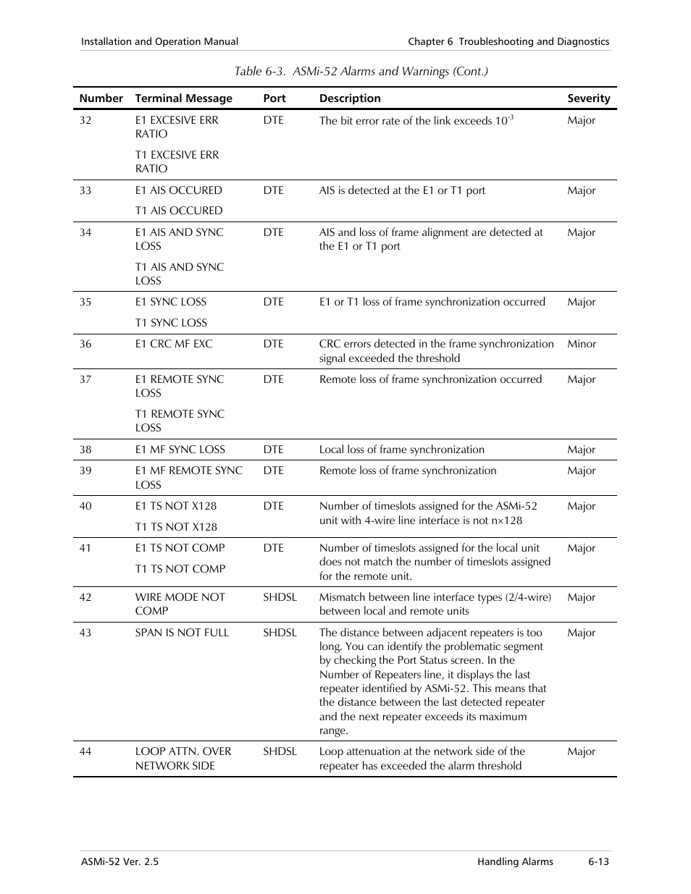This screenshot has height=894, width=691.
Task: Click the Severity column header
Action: coord(588,98)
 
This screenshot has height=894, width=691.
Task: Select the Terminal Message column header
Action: coord(183,98)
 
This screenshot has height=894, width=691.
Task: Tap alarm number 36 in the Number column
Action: coord(85,344)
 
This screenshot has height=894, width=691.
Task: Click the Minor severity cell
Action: coord(582,344)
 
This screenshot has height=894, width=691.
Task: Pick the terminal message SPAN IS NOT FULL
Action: coord(182,633)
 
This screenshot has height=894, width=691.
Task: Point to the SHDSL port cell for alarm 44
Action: coord(280,751)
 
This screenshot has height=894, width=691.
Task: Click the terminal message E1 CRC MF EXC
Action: coord(174,344)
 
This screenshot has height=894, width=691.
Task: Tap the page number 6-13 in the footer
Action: coord(598,861)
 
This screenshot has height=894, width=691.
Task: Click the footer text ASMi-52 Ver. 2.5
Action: coord(120,861)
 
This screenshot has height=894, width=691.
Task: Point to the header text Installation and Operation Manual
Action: coord(159,42)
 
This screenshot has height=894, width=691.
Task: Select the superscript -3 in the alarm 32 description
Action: coord(511,117)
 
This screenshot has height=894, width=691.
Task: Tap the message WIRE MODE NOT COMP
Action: coord(180,604)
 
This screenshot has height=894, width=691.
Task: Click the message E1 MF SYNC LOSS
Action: coord(180,450)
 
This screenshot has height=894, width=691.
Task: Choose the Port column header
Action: coord(275,98)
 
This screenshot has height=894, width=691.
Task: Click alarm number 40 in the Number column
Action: coord(85,506)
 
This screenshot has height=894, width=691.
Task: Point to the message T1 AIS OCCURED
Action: coord(178,211)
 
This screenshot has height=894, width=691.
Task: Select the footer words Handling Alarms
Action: coord(515,861)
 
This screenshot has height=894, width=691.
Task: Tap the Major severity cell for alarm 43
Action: coord(582,633)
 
